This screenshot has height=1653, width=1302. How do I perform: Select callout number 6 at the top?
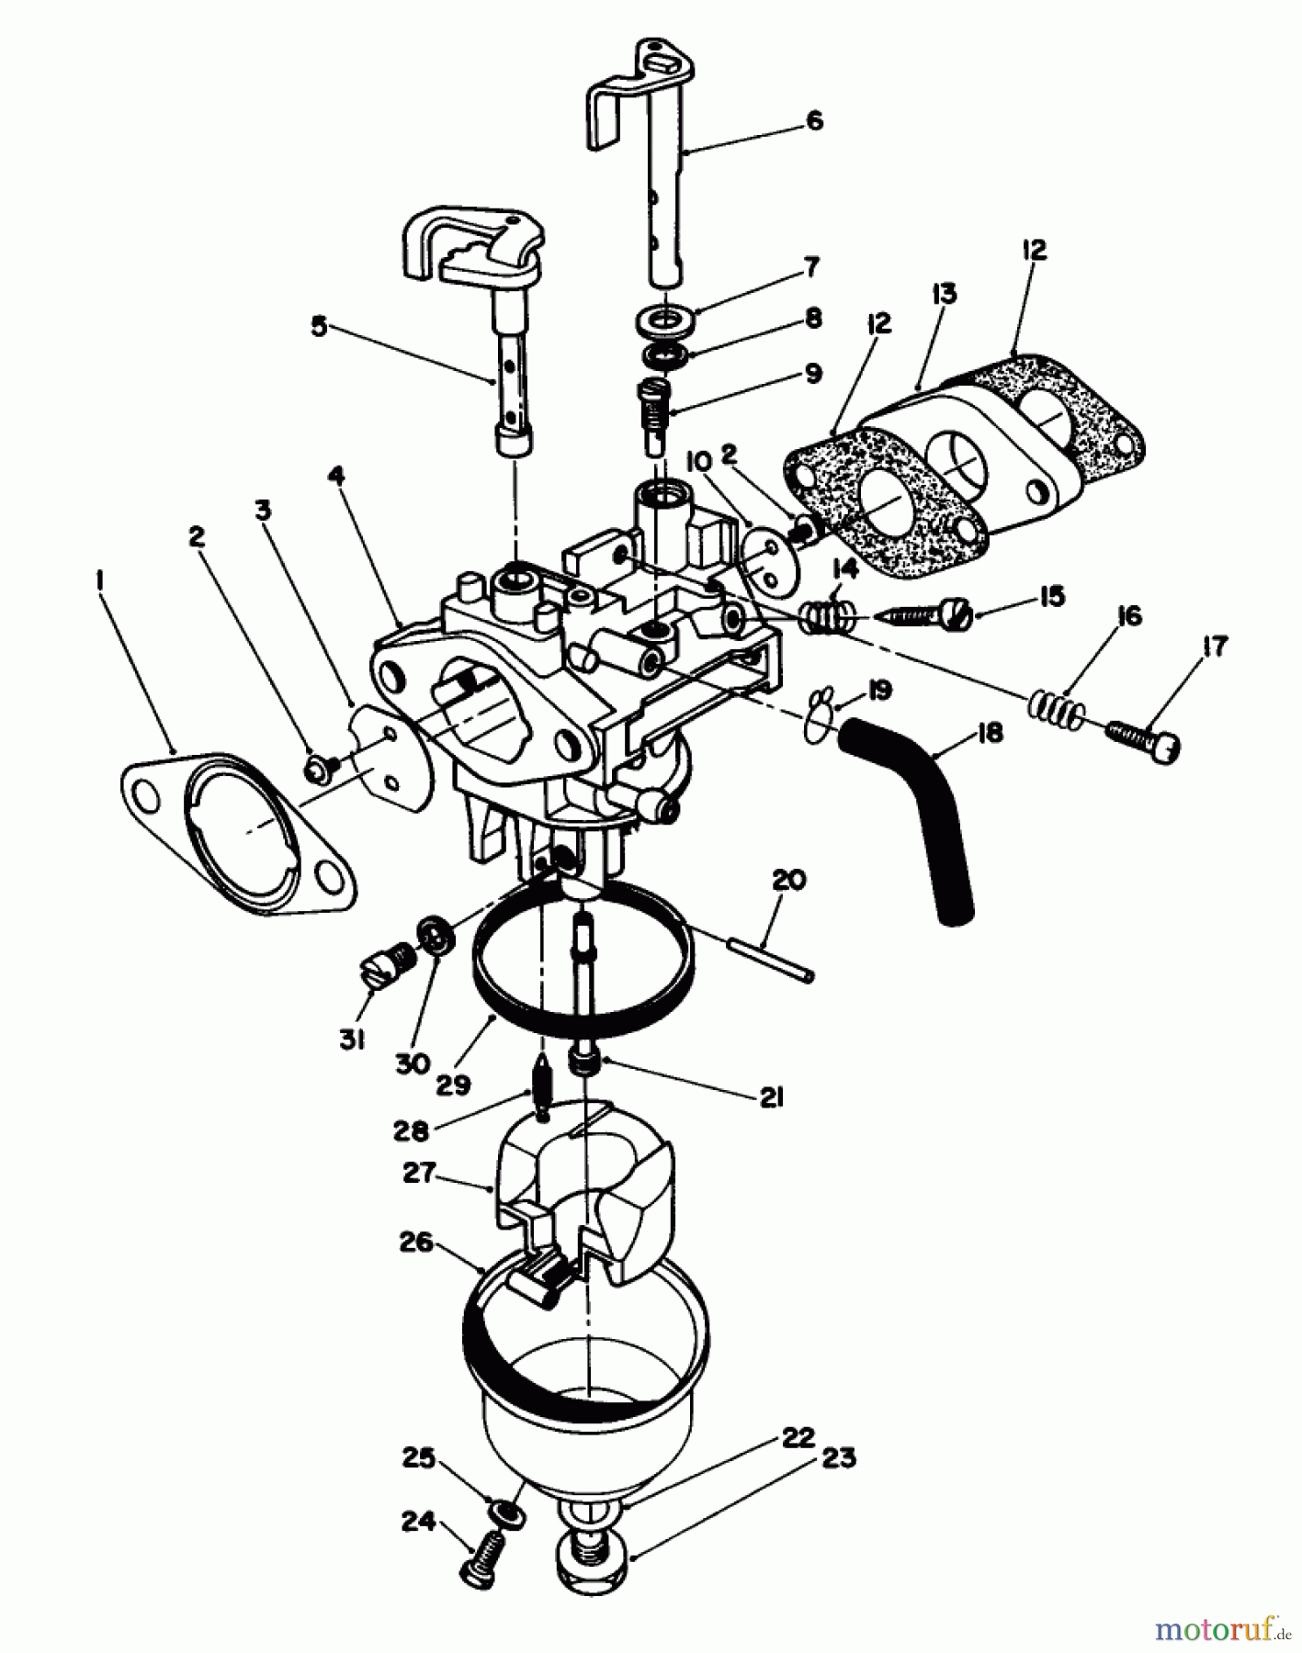814,120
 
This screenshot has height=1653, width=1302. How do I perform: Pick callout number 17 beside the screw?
1215,647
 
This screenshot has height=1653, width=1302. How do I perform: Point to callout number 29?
454,1084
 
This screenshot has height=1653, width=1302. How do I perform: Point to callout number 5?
319,327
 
